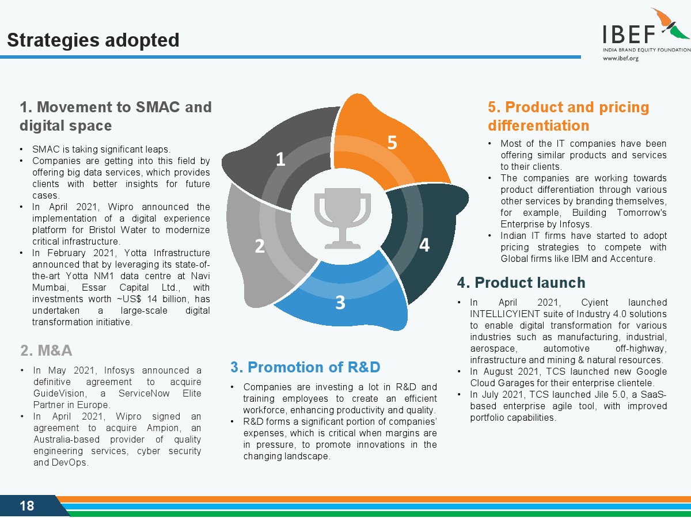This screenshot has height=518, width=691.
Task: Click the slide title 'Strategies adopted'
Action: pyautogui.click(x=93, y=40)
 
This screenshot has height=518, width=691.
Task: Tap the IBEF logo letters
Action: pyautogui.click(x=629, y=35)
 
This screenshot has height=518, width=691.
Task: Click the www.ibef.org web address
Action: pyautogui.click(x=621, y=58)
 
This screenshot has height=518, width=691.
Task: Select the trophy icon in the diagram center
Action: pyautogui.click(x=343, y=218)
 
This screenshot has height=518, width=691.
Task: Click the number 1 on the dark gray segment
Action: pyautogui.click(x=280, y=159)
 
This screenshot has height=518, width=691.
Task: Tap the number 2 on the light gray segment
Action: pyautogui.click(x=260, y=246)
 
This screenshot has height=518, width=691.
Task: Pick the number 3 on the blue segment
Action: pyautogui.click(x=340, y=302)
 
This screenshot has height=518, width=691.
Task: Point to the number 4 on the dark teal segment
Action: pyautogui.click(x=424, y=245)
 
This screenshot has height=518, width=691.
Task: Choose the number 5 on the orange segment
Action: pyautogui.click(x=392, y=143)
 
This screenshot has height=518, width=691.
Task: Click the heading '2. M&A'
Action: pyautogui.click(x=46, y=351)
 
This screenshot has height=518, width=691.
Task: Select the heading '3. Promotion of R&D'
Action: pyautogui.click(x=305, y=367)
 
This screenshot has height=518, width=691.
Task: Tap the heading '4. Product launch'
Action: pyautogui.click(x=521, y=283)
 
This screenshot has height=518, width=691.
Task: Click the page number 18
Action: pyautogui.click(x=26, y=506)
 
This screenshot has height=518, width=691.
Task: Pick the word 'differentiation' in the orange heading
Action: pyautogui.click(x=538, y=125)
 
